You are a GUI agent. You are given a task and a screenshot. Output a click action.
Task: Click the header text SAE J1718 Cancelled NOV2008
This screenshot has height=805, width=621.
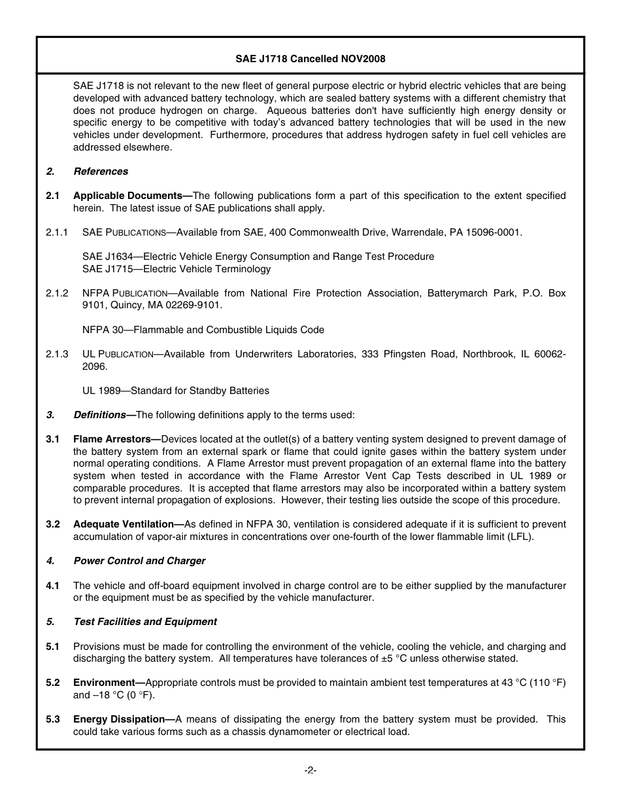coord(310,59)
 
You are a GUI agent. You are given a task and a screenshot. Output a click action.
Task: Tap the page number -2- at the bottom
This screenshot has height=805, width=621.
coord(310,770)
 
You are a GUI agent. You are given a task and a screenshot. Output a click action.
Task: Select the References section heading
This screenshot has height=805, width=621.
coord(101,171)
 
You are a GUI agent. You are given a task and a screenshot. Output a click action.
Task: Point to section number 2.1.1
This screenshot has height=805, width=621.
coord(57,232)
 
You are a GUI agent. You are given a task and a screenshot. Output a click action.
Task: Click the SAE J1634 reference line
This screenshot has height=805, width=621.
coord(258,257)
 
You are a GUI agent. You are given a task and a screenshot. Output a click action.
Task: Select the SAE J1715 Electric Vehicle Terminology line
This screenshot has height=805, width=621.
coord(176,269)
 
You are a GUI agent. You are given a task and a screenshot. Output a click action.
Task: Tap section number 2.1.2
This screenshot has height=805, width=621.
coord(57,293)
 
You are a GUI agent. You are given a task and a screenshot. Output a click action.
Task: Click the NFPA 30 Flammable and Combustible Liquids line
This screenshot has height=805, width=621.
coord(203,330)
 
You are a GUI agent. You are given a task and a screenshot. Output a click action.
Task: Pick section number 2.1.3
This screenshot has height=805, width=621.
coord(57,354)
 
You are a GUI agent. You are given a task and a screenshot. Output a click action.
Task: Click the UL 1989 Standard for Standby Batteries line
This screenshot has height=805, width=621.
coord(176,391)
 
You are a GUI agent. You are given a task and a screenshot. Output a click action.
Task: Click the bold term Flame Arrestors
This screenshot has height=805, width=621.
coord(112,439)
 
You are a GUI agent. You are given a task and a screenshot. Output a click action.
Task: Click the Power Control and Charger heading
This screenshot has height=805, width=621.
coord(139,561)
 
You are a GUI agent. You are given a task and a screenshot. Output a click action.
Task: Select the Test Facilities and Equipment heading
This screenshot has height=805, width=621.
coord(145,622)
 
